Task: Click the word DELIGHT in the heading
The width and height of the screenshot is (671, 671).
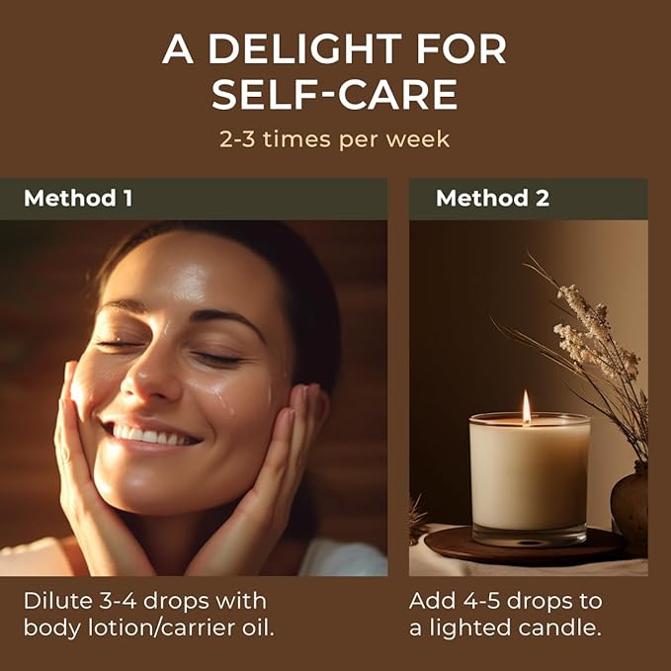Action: click(305, 48)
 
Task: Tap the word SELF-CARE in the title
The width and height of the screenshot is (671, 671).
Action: click(335, 94)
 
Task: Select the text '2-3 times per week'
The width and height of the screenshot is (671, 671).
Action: click(334, 139)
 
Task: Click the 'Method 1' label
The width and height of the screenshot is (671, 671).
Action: click(78, 198)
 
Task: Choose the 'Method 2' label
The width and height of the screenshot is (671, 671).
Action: click(492, 198)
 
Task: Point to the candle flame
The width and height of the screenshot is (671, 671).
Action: click(526, 407)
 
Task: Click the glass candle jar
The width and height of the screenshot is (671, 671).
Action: click(530, 478)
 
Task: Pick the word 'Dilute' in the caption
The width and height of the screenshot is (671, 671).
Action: click(57, 601)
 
